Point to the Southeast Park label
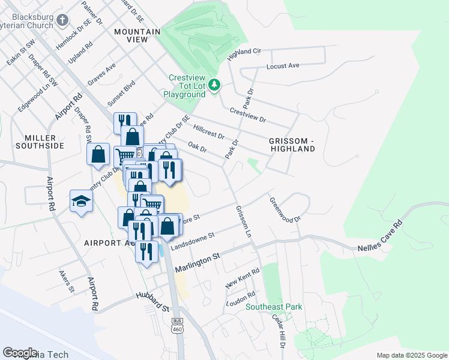point(274,307)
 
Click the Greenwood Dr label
point(285,211)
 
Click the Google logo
point(20,352)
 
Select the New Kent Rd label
point(243,279)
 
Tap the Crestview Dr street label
point(247,115)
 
